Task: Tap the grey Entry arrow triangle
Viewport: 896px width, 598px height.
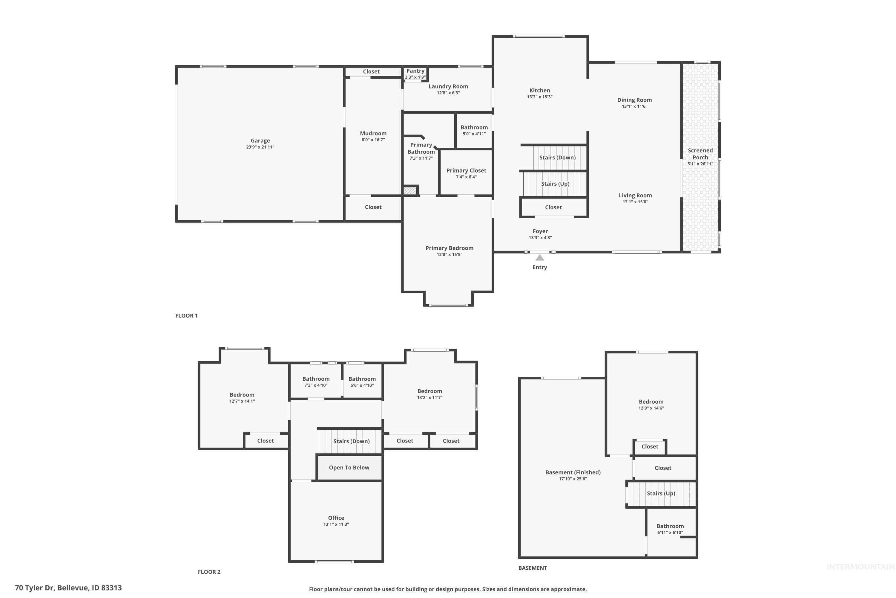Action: pyautogui.click(x=539, y=258)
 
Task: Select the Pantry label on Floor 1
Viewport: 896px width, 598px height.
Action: pyautogui.click(x=415, y=71)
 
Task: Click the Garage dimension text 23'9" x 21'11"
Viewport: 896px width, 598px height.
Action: pyautogui.click(x=260, y=147)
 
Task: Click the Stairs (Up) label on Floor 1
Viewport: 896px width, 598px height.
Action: pyautogui.click(x=555, y=184)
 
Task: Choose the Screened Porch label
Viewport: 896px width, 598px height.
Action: pyautogui.click(x=700, y=154)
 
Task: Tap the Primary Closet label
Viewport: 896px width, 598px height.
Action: pyautogui.click(x=466, y=170)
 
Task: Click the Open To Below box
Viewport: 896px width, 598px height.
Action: pyautogui.click(x=349, y=468)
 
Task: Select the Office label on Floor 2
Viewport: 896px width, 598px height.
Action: pyautogui.click(x=336, y=518)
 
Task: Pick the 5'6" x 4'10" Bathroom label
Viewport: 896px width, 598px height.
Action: pyautogui.click(x=362, y=379)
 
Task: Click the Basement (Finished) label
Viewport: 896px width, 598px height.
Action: pyautogui.click(x=573, y=472)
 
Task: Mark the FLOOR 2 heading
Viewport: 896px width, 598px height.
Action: pyautogui.click(x=209, y=572)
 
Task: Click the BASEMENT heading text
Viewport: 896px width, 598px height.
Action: pyautogui.click(x=533, y=568)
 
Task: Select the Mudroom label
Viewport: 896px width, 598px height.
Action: pyautogui.click(x=373, y=133)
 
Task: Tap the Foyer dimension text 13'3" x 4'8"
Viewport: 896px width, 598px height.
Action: pyautogui.click(x=540, y=238)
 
